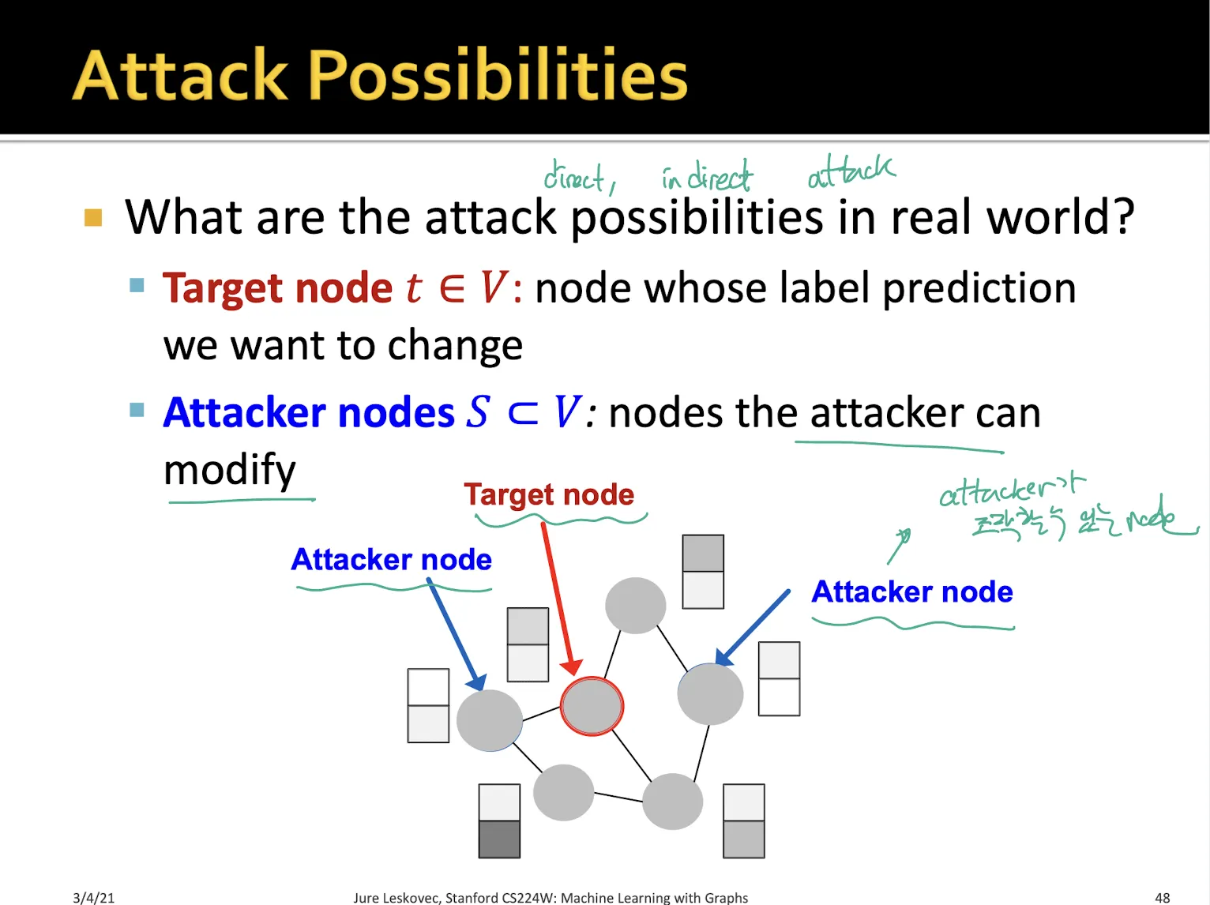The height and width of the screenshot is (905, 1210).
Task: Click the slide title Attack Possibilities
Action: click(x=380, y=76)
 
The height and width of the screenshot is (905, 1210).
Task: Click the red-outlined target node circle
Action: click(x=592, y=706)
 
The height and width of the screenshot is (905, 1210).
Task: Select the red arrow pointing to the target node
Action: click(x=560, y=600)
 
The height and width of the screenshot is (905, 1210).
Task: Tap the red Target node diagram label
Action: click(x=549, y=494)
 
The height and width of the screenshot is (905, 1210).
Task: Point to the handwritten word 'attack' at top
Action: click(x=851, y=171)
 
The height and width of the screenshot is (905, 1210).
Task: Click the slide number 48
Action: click(x=1162, y=897)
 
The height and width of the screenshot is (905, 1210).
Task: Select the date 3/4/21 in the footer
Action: click(x=93, y=897)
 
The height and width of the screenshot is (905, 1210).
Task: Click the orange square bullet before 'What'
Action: click(x=93, y=217)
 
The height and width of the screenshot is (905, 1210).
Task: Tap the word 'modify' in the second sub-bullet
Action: click(x=229, y=470)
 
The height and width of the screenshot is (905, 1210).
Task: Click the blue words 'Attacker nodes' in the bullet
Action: click(x=309, y=413)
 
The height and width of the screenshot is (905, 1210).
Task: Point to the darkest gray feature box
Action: click(x=499, y=839)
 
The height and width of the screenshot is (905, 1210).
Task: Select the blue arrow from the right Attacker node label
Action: click(x=752, y=625)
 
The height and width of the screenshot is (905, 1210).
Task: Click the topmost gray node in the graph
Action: click(x=635, y=606)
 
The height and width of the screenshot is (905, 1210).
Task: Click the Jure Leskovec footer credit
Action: click(x=551, y=897)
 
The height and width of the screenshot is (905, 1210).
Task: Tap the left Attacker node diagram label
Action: click(x=391, y=560)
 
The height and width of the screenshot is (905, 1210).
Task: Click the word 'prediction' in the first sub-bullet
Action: click(x=979, y=288)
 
